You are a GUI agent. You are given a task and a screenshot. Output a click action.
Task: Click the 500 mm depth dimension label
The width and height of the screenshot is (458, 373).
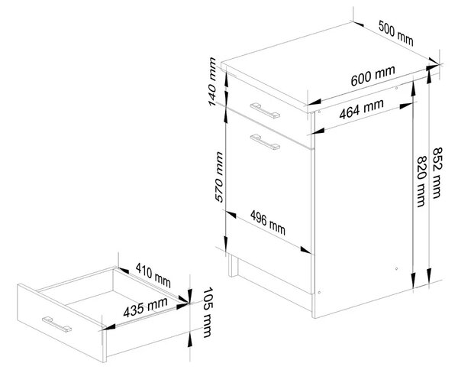[x=395, y=33]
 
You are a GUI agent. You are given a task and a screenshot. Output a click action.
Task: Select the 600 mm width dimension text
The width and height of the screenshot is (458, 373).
[x=373, y=75]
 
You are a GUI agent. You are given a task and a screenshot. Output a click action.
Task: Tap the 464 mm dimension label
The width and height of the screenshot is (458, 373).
[x=361, y=109]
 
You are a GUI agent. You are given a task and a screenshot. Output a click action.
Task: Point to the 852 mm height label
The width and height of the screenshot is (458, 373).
[x=437, y=173]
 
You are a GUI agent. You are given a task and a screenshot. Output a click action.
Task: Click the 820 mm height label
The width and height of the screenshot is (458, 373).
[x=421, y=181]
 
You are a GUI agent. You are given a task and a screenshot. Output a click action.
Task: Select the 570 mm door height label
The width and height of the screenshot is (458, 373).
[x=219, y=177]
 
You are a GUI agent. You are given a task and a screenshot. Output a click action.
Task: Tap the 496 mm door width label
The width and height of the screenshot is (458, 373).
[x=268, y=222]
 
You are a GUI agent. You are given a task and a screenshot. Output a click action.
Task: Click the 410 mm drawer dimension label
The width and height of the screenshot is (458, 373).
[x=153, y=274]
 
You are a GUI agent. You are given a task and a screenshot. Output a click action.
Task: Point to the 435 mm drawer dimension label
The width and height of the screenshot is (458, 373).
[x=145, y=307]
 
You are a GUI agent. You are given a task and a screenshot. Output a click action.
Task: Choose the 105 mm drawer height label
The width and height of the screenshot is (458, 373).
[x=208, y=313]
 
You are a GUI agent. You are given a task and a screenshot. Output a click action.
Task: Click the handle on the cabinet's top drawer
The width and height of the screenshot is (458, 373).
[x=265, y=110]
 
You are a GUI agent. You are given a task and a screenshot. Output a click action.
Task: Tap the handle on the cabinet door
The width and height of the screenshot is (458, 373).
[x=265, y=142]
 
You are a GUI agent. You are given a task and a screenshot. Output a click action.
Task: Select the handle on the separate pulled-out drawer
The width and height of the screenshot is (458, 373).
[x=56, y=324]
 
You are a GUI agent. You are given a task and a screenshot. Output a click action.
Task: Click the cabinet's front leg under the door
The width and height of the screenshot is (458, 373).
[x=233, y=265]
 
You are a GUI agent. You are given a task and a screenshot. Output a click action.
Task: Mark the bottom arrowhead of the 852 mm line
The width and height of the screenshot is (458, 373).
[x=429, y=275]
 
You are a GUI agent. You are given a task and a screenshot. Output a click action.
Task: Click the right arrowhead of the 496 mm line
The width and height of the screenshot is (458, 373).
[x=306, y=251]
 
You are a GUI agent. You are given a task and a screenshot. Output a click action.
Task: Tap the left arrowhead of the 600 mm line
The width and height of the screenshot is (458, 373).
[x=314, y=102]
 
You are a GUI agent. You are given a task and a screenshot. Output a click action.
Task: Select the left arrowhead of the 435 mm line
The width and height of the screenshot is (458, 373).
[x=108, y=327]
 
